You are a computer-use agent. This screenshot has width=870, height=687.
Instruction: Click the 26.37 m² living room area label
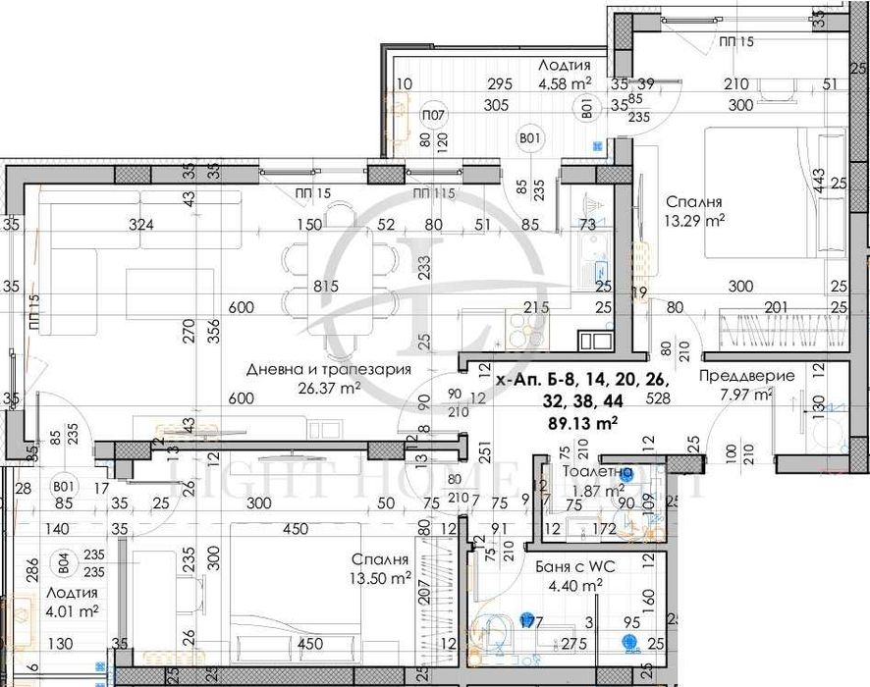tap(329, 387)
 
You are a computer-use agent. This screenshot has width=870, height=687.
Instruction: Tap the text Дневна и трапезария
tap(328, 369)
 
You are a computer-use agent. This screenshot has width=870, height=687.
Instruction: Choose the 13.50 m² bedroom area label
tap(381, 578)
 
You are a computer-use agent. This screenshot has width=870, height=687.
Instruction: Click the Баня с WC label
tap(570, 566)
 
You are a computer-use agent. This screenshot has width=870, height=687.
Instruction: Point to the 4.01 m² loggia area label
tap(73, 610)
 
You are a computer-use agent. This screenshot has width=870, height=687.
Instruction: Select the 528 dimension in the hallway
tap(657, 397)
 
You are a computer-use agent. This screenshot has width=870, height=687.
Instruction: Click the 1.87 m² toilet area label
tap(600, 491)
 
